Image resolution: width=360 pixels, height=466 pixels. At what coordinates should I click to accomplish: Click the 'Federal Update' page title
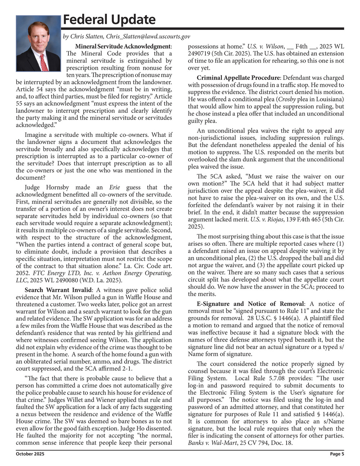(109, 19)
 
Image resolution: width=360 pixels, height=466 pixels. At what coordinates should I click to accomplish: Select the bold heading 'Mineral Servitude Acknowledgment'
(123, 46)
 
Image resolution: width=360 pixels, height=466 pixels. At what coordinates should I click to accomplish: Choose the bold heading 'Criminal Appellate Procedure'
(238, 78)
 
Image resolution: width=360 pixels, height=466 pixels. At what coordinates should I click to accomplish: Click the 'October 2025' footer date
(30, 454)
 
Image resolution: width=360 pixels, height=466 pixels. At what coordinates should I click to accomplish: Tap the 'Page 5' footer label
(337, 454)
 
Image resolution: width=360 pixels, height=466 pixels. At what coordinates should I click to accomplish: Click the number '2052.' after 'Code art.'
(23, 273)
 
